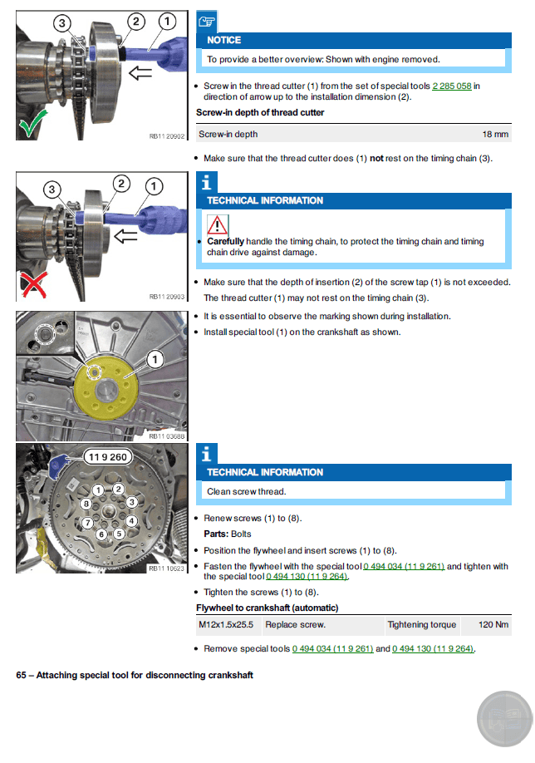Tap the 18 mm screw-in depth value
pos(495,134)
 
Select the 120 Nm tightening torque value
pos(495,624)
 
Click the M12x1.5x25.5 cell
pos(227,624)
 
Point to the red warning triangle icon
pos(217,224)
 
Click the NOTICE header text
pos(224,40)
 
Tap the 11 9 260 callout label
pos(106,456)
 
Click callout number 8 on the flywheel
pos(86,504)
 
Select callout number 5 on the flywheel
pos(120,533)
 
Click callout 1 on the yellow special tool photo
pos(155,359)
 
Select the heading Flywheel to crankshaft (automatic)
pos(267,608)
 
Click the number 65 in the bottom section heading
pos(22,675)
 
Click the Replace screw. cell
pos(296,624)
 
